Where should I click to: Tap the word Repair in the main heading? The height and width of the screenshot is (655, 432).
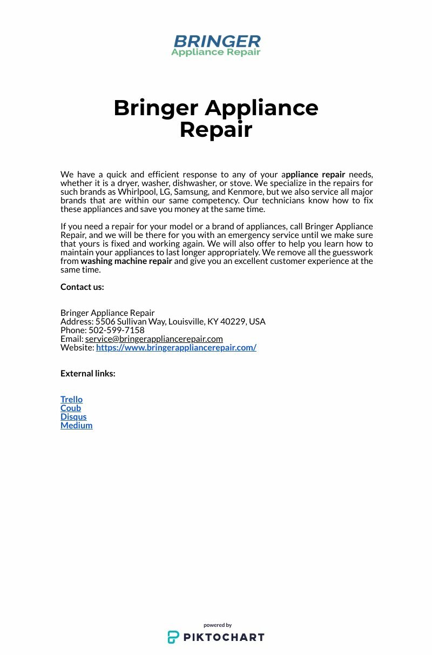[216, 130]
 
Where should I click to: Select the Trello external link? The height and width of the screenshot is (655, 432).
[71, 399]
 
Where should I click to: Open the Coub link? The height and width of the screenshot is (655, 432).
[71, 408]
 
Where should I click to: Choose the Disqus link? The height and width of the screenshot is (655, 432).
[73, 416]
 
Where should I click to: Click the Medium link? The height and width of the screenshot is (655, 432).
[76, 425]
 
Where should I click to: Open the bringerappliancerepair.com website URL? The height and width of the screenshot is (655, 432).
[176, 347]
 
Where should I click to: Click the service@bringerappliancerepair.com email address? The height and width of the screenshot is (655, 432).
[154, 339]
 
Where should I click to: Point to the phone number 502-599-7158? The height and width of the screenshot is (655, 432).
[117, 330]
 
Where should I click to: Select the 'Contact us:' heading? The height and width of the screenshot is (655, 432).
[82, 287]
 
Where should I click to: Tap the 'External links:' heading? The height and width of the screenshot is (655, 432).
[87, 373]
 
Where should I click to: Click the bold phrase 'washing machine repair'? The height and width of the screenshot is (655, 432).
[126, 261]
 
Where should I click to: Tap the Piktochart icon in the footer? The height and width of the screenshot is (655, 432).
[173, 637]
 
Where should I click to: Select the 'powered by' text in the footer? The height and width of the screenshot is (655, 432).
[218, 625]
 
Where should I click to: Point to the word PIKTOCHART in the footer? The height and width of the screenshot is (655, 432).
[224, 637]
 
